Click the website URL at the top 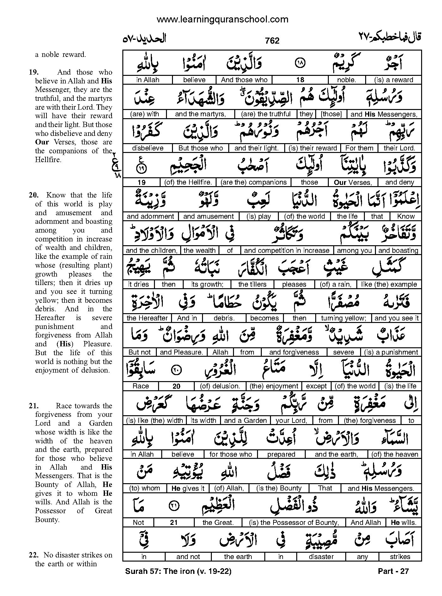(x=222, y=20)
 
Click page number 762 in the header (x=272, y=41)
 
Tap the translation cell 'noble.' (x=347, y=80)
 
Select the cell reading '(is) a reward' (x=393, y=80)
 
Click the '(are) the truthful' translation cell (x=266, y=114)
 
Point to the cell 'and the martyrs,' (x=200, y=114)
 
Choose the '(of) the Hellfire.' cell (x=188, y=182)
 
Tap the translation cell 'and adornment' (x=150, y=216)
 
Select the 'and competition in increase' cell (x=286, y=251)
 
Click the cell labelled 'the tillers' (x=252, y=284)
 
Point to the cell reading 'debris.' (x=224, y=318)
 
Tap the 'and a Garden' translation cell (x=245, y=421)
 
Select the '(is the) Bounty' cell (x=279, y=488)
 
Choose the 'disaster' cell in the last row (x=321, y=557)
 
